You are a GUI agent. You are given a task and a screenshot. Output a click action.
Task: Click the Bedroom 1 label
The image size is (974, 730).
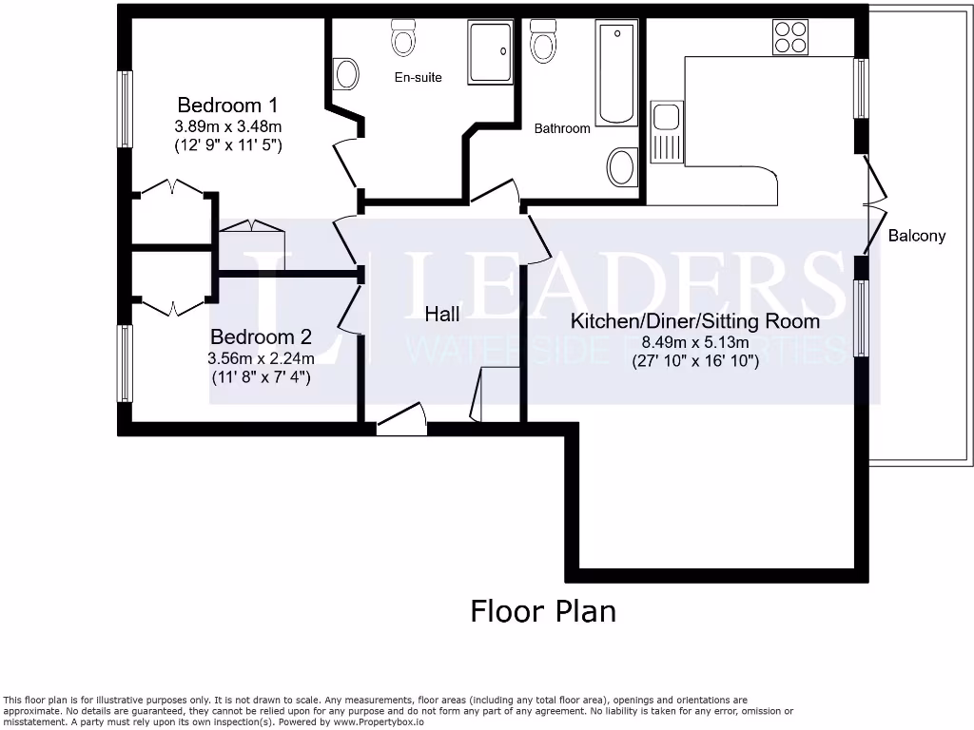pyautogui.click(x=226, y=105)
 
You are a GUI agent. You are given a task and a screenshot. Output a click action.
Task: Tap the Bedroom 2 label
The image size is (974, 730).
pyautogui.click(x=261, y=336)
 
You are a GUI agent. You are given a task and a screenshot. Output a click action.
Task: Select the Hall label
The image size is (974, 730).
pyautogui.click(x=442, y=314)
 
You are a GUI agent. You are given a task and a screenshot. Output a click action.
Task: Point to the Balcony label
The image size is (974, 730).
pyautogui.click(x=916, y=236)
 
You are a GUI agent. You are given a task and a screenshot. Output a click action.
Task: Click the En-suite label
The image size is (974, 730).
pyautogui.click(x=419, y=77)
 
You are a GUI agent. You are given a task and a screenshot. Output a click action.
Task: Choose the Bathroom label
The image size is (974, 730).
pyautogui.click(x=561, y=128)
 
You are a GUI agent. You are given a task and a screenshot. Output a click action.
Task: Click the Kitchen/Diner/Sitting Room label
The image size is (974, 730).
pyautogui.click(x=694, y=321)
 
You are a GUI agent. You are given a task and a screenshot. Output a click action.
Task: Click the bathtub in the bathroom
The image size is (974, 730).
pyautogui.click(x=617, y=73)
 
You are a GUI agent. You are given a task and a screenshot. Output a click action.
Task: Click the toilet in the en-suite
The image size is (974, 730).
pyautogui.click(x=403, y=38)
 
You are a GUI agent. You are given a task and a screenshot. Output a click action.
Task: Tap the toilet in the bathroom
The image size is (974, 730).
pyautogui.click(x=543, y=42)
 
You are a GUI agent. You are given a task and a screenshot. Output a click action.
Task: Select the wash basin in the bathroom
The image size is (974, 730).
pyautogui.click(x=622, y=167)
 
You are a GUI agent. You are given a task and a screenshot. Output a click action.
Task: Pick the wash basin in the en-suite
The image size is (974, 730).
pyautogui.click(x=346, y=73)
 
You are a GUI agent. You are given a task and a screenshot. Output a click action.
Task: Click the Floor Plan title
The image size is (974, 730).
pyautogui.click(x=543, y=611)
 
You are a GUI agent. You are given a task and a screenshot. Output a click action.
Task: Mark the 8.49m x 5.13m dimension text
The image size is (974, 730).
pyautogui.click(x=694, y=343)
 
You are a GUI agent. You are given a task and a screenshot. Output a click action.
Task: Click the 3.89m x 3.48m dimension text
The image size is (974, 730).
pyautogui.click(x=228, y=126)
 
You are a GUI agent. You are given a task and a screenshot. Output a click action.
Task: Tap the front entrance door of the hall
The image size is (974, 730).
pyautogui.click(x=400, y=420)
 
